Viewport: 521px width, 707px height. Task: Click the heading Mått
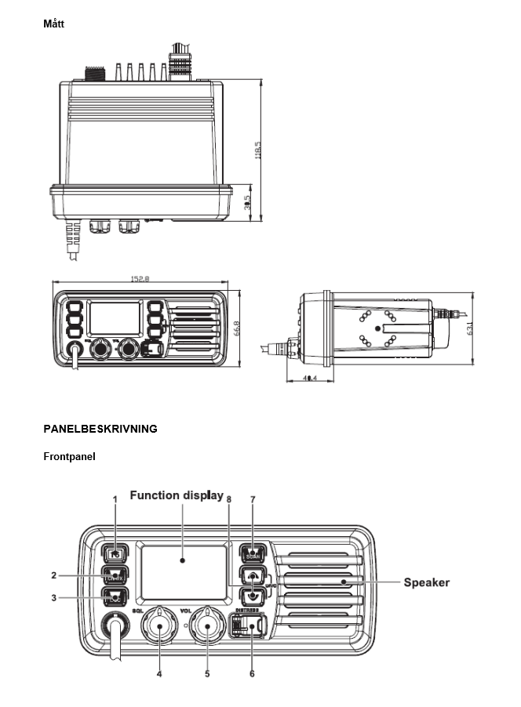(x=53, y=24)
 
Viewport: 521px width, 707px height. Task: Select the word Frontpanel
(x=69, y=456)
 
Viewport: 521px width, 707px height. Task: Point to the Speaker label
(x=426, y=582)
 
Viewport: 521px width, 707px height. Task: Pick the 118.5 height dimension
(x=258, y=149)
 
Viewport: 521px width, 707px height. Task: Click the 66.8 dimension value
(x=236, y=329)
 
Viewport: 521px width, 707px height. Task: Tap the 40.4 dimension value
(x=308, y=379)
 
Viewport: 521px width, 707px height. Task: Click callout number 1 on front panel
(x=115, y=499)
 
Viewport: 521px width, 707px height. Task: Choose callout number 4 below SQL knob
(x=159, y=673)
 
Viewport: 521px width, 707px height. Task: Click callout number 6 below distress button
(x=252, y=673)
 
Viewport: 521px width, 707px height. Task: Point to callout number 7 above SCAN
(x=253, y=499)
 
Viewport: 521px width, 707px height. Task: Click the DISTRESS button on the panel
(x=247, y=627)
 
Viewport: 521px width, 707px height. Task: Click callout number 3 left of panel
(x=54, y=597)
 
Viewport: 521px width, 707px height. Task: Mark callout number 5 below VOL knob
(x=208, y=673)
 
